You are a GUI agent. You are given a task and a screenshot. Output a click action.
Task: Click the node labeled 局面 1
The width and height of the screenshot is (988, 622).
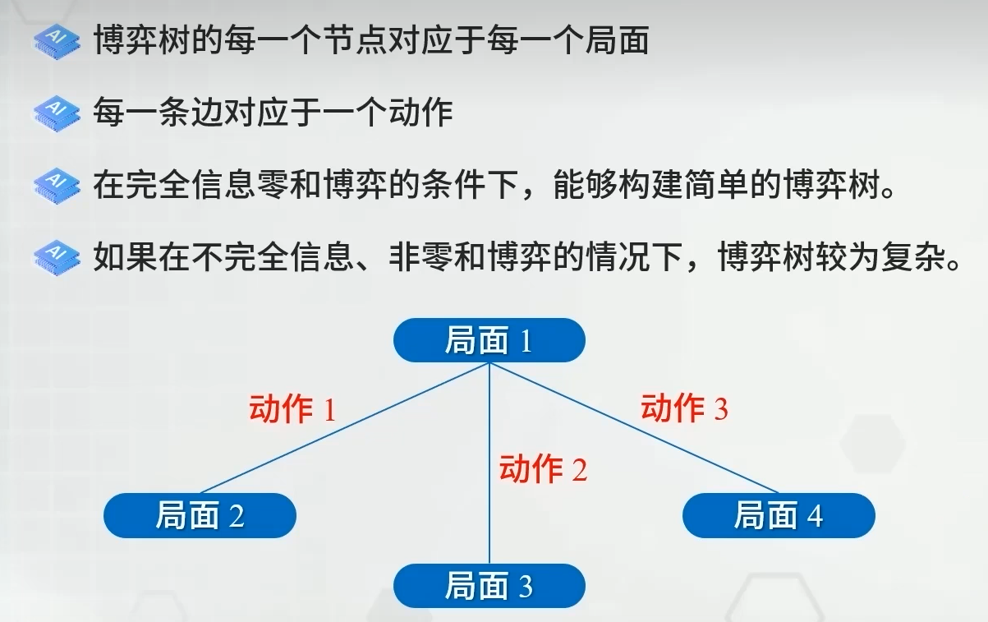(x=489, y=340)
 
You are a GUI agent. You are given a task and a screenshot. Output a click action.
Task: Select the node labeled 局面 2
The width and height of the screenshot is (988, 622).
(x=200, y=515)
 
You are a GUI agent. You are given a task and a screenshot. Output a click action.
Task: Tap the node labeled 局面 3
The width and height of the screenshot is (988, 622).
(x=489, y=586)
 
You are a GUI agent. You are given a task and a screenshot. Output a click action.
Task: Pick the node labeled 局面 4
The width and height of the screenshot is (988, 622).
(x=779, y=515)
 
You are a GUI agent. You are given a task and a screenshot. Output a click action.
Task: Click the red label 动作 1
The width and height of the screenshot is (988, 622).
(x=292, y=408)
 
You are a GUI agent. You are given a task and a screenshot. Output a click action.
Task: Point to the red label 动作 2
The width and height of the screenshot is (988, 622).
(x=543, y=468)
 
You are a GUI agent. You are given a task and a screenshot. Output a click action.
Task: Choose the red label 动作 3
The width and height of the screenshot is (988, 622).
(x=684, y=408)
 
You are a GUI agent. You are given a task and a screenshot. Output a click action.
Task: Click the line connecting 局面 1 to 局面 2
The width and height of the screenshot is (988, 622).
(x=345, y=428)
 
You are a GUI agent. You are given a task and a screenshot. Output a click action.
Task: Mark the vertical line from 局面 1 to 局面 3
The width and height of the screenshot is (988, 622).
(x=489, y=463)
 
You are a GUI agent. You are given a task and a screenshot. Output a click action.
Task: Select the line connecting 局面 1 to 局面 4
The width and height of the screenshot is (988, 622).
(x=634, y=428)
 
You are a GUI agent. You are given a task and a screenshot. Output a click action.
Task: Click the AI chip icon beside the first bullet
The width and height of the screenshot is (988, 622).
(x=57, y=40)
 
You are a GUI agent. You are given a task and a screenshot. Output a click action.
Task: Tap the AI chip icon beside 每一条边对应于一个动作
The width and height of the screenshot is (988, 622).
(x=57, y=113)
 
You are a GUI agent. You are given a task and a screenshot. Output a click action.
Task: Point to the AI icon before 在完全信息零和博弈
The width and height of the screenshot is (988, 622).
(x=57, y=185)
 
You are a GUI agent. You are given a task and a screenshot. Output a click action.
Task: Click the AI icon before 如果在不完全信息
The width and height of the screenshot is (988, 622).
(x=57, y=258)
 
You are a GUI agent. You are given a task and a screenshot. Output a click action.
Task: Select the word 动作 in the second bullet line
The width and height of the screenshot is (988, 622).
(x=420, y=113)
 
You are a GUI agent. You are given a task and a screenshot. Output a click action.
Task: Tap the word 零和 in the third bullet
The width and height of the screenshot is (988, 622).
(x=289, y=185)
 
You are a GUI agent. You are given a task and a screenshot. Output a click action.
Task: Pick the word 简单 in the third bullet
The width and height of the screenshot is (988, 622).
(x=717, y=185)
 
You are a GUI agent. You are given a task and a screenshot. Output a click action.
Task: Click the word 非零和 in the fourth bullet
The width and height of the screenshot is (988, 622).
(x=438, y=257)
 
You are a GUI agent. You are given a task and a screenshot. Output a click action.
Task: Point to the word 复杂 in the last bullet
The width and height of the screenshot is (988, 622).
(x=913, y=257)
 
